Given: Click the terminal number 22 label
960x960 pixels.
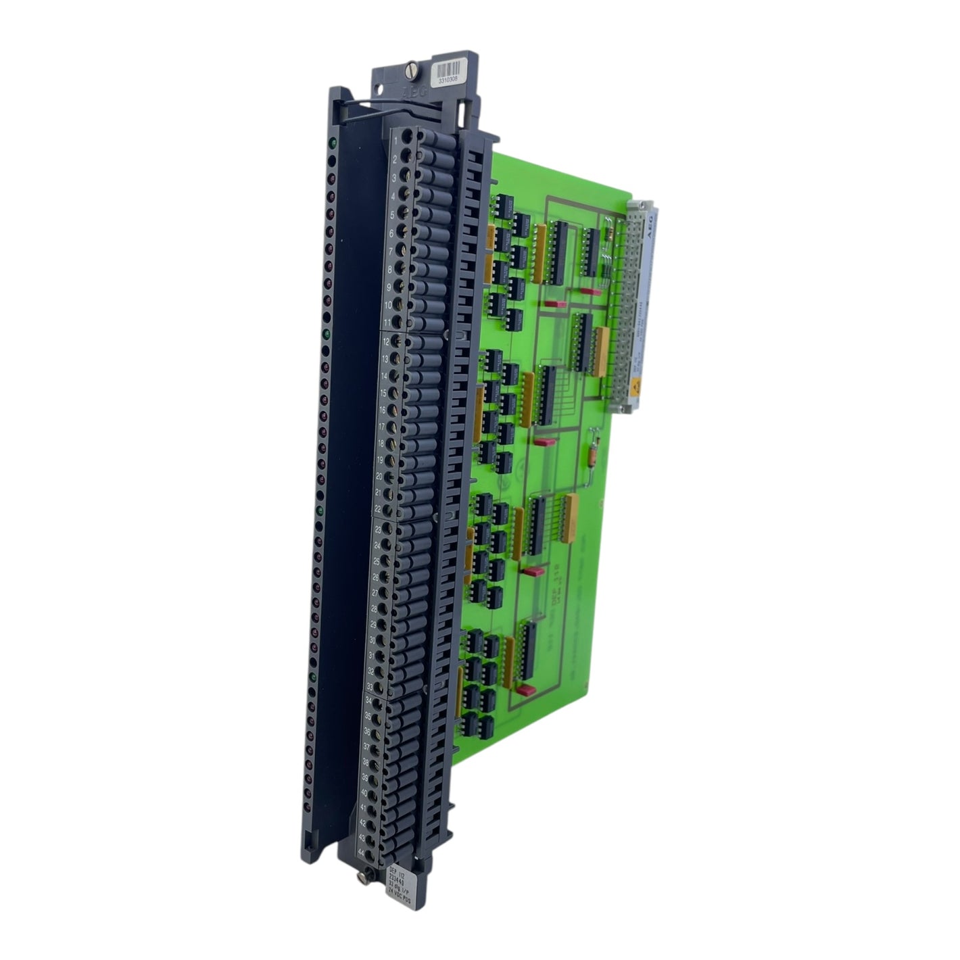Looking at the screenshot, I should [377, 508].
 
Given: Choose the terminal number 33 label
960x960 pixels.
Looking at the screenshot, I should [370, 685].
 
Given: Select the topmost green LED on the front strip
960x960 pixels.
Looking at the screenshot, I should [333, 143].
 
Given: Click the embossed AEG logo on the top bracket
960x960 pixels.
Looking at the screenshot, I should [414, 93].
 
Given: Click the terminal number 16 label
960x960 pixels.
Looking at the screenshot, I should [383, 410].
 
